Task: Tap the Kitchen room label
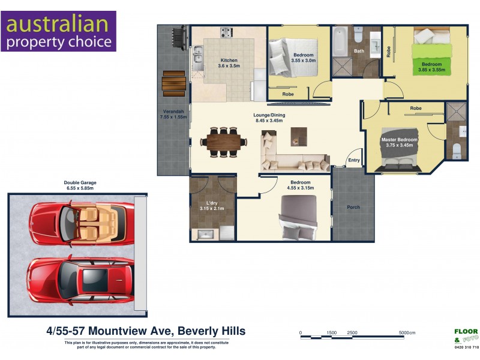tap(229, 60)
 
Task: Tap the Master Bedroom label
tap(399, 140)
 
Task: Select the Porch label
tap(353, 208)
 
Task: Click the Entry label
tap(354, 160)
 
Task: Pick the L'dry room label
tap(212, 203)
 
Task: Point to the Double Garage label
tap(80, 182)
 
